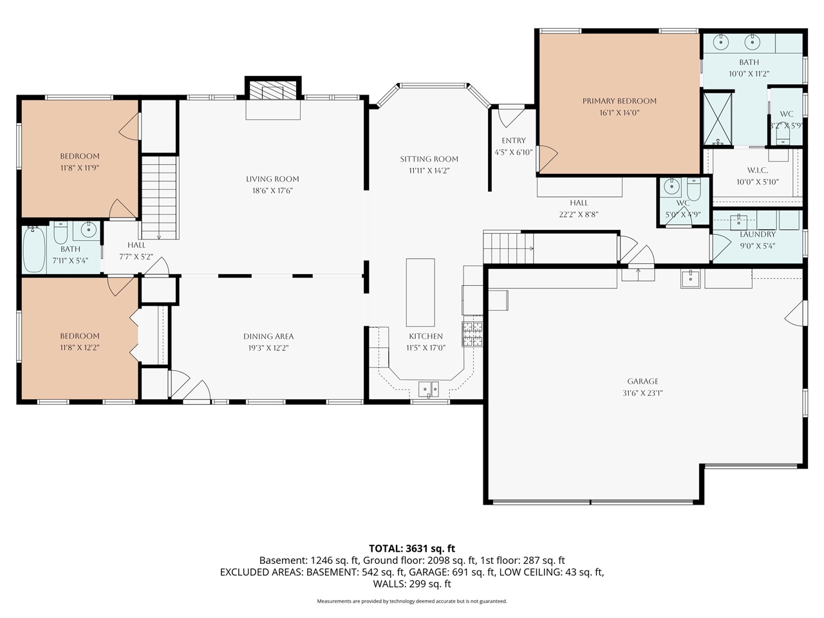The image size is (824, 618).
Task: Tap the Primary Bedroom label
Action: click(x=619, y=101)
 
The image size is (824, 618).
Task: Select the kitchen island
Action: click(x=420, y=292)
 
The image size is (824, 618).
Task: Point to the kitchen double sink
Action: click(x=428, y=389)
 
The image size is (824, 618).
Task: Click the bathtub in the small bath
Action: click(x=34, y=249)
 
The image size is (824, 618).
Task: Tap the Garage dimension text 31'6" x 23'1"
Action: click(x=642, y=393)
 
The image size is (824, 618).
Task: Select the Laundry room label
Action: click(x=757, y=234)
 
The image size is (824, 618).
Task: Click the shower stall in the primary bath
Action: click(x=717, y=118)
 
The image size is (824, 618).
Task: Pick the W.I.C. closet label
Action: click(x=757, y=170)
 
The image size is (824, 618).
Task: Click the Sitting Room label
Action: click(x=429, y=159)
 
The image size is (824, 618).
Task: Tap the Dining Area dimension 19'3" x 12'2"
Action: click(x=268, y=348)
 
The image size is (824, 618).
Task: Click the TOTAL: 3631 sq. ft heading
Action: click(x=412, y=548)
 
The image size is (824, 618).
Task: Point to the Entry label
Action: click(x=514, y=140)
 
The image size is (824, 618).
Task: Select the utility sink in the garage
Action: click(x=690, y=279)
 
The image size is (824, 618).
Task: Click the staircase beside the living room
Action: click(x=159, y=197)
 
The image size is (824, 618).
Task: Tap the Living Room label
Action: click(x=272, y=179)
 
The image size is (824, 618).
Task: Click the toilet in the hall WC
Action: click(x=694, y=189)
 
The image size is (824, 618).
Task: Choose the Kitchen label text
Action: click(x=426, y=336)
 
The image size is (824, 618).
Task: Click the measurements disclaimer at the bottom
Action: click(x=412, y=601)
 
